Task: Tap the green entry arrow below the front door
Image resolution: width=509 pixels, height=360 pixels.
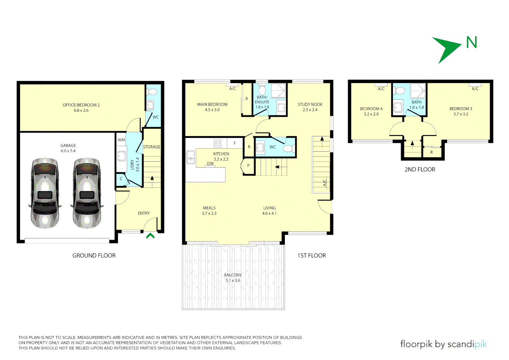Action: point(150,236)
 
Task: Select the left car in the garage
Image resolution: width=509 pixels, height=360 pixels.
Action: point(45,193)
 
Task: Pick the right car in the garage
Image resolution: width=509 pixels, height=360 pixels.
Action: point(87,193)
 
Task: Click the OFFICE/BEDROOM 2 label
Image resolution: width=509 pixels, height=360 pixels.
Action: point(81,105)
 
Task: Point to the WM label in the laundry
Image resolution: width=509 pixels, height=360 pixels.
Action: point(121,140)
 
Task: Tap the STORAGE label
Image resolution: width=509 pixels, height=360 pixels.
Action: point(152,147)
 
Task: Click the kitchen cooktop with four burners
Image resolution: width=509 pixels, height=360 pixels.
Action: point(218,143)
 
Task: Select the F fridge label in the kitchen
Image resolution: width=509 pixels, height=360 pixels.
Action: point(235,143)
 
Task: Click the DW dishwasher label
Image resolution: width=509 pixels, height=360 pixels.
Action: point(211,164)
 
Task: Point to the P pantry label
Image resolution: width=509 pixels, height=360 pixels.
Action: point(249,166)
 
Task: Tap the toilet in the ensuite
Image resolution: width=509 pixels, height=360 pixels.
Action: point(262,90)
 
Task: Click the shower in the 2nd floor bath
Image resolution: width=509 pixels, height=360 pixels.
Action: point(418,91)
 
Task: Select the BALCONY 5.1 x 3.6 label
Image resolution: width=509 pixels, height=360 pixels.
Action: point(233,277)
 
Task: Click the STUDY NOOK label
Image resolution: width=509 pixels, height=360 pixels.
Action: point(310,104)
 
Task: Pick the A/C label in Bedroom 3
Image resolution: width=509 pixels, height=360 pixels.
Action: point(475,89)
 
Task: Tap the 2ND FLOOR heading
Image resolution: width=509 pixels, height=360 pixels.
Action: point(420,169)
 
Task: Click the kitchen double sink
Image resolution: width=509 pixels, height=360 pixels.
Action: point(191,157)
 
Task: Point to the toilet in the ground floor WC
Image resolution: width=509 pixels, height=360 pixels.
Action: point(152,92)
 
